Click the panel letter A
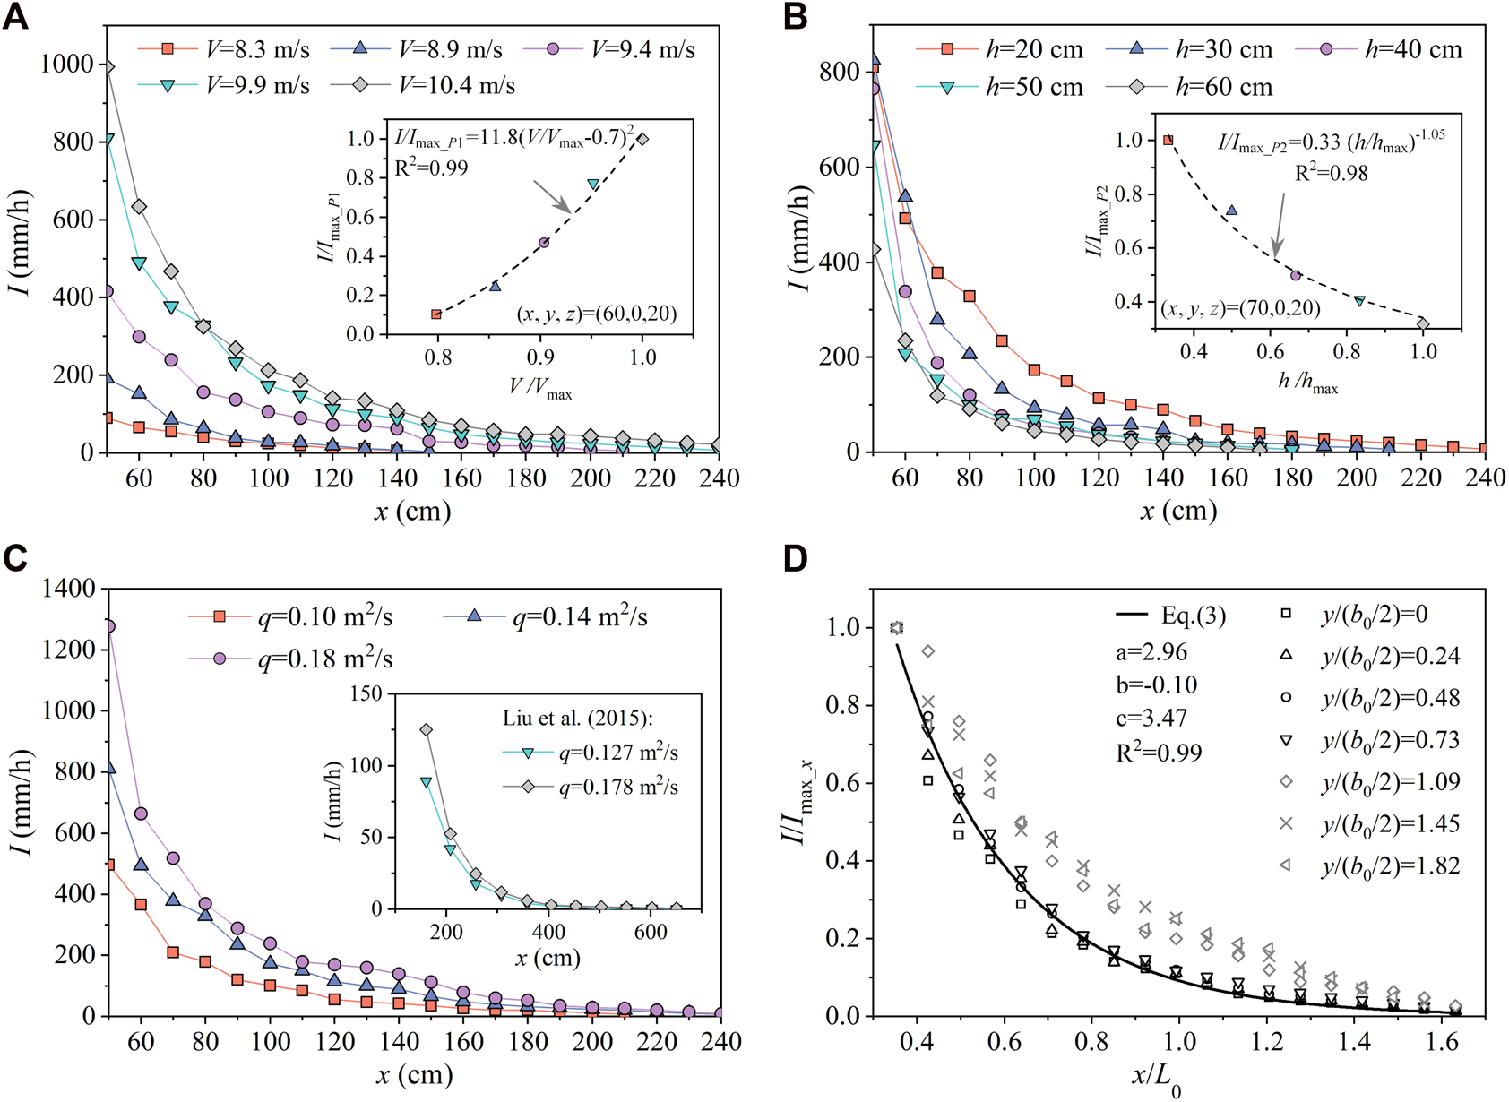click(x=15, y=17)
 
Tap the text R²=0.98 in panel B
click(x=1332, y=173)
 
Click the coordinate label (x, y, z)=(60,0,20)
click(x=596, y=314)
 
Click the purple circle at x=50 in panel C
click(x=108, y=626)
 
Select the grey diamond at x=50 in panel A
click(x=108, y=66)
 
